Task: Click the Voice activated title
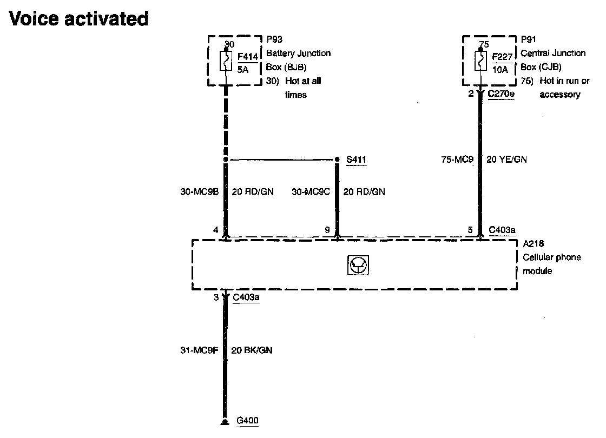tap(79, 18)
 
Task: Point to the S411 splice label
tap(357, 160)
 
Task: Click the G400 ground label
tap(248, 421)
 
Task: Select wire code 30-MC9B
tap(199, 191)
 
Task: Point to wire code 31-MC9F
tap(199, 350)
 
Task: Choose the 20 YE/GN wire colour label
tap(507, 160)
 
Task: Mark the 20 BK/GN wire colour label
tap(252, 350)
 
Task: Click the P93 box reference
tap(274, 39)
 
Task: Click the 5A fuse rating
tap(242, 69)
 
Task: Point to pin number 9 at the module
tap(327, 230)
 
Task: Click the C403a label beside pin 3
tap(246, 298)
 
